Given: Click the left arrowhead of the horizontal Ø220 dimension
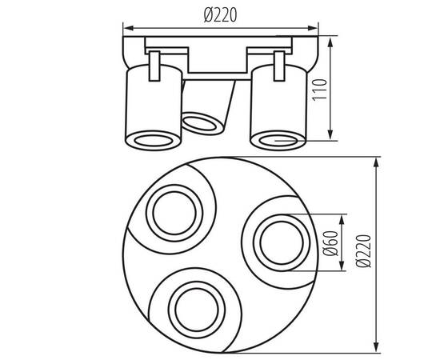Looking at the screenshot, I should pyautogui.click(x=126, y=33).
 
